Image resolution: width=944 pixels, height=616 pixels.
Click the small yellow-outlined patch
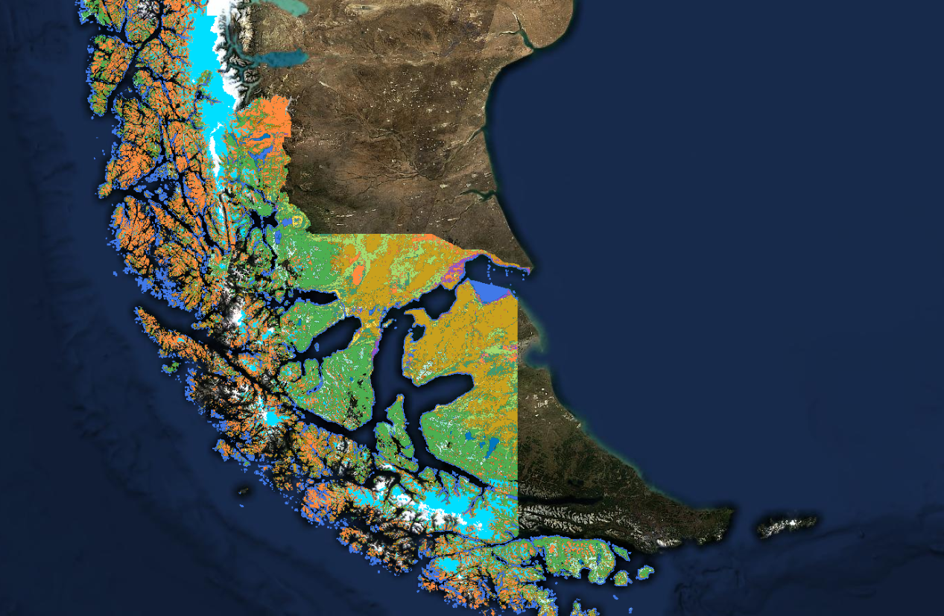pyautogui.click(x=299, y=221)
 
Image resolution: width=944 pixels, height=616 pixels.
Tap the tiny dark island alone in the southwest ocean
pyautogui.click(x=244, y=491)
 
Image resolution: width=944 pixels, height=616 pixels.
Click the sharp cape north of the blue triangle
pyautogui.click(x=530, y=266)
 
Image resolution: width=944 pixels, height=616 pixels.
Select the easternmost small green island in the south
pyautogui.click(x=644, y=572)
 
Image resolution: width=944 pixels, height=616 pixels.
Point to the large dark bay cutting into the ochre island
pyautogui.click(x=440, y=387)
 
